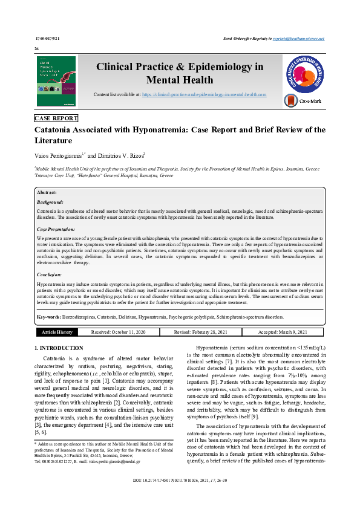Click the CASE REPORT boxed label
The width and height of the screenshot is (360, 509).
[x=56, y=118]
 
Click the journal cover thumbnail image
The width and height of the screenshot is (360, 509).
[x=56, y=82]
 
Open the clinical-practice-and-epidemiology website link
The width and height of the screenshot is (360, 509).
[x=205, y=95]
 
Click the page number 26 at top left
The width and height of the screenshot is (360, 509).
[x=36, y=48]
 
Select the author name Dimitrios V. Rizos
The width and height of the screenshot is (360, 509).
[x=116, y=155]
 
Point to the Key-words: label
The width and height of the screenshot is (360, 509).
[x=50, y=316]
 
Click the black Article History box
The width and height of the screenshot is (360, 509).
[x=57, y=332]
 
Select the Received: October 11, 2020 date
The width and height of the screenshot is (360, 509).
[x=118, y=332]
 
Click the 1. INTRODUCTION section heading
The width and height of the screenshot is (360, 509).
[x=59, y=348]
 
